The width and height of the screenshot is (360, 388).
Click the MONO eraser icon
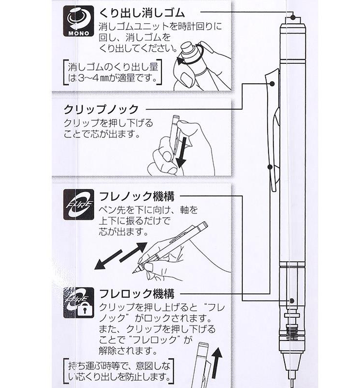coord(79,21)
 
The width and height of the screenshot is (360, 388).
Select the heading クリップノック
coord(101,109)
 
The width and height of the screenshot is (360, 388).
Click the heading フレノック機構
coord(137,196)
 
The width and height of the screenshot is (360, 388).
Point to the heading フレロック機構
coord(137,294)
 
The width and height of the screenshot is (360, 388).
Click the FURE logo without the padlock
coord(79,205)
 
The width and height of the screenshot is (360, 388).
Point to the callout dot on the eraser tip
coord(292,17)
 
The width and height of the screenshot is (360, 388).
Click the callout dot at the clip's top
coord(272,84)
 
